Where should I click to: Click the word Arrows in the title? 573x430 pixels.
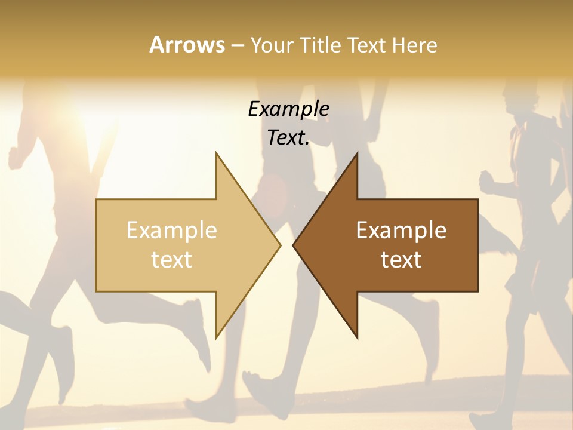(x=186, y=45)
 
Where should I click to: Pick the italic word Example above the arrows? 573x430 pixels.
(x=288, y=109)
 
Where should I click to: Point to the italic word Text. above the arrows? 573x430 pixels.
(x=288, y=138)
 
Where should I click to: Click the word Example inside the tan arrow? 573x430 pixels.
(x=172, y=230)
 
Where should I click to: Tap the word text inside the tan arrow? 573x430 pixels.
(x=172, y=260)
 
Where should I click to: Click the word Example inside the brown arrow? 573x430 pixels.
(x=401, y=230)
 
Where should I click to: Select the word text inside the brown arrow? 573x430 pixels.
(x=401, y=260)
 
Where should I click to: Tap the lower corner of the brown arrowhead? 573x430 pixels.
(x=357, y=337)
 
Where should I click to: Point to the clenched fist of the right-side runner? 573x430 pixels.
(x=486, y=179)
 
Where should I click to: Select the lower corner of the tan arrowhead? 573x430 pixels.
(x=217, y=336)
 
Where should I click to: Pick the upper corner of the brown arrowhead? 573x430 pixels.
(x=357, y=154)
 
